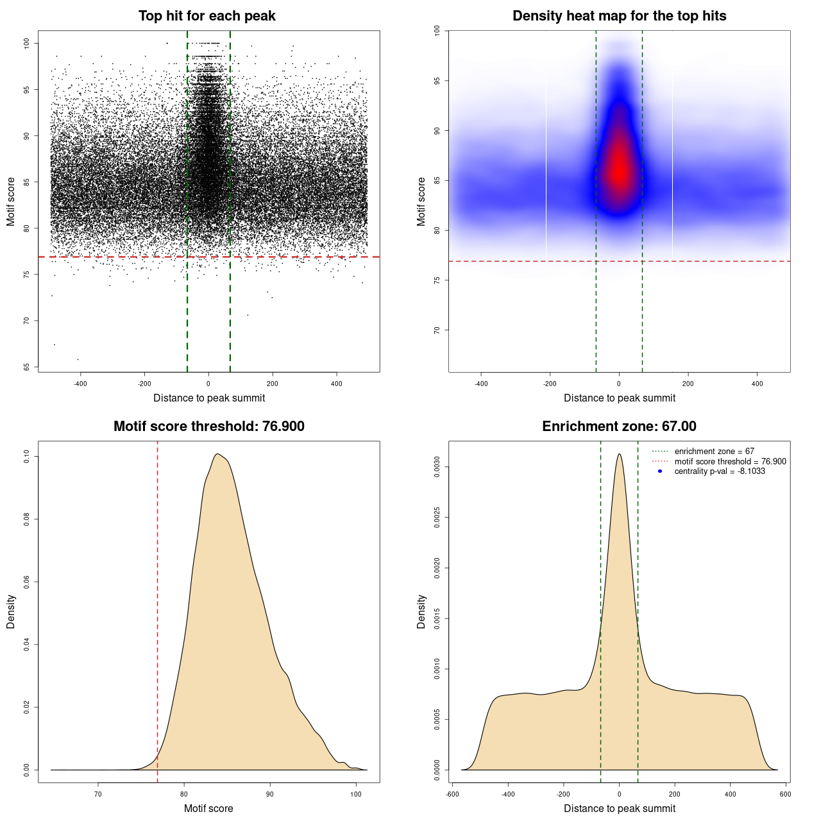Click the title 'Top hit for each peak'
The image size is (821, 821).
pyautogui.click(x=207, y=16)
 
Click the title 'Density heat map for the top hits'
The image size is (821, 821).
pyautogui.click(x=619, y=16)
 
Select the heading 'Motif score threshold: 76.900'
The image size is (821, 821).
pyautogui.click(x=208, y=427)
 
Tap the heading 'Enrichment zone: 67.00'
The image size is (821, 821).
pyautogui.click(x=619, y=427)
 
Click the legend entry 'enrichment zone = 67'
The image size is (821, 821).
pyautogui.click(x=714, y=452)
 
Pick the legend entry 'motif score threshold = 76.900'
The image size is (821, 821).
pyautogui.click(x=730, y=462)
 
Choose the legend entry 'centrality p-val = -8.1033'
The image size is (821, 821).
pyautogui.click(x=720, y=471)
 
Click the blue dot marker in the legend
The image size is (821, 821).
pyautogui.click(x=660, y=471)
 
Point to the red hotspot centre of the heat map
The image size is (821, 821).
pyautogui.click(x=619, y=170)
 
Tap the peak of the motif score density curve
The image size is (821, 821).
pyautogui.click(x=218, y=454)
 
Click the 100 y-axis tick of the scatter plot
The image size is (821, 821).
pyautogui.click(x=27, y=43)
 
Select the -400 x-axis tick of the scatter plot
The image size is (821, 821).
pyautogui.click(x=80, y=384)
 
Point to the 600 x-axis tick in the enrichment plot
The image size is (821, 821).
pyautogui.click(x=786, y=794)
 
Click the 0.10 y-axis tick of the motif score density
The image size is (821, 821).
pyautogui.click(x=27, y=456)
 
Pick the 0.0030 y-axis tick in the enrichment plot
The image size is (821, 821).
pyautogui.click(x=437, y=468)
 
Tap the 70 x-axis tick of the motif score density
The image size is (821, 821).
pyautogui.click(x=98, y=794)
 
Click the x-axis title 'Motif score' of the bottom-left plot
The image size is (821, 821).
pyautogui.click(x=208, y=808)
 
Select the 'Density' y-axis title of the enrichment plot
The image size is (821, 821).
pyautogui.click(x=421, y=611)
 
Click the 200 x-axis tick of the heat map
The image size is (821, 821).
pyautogui.click(x=688, y=384)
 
